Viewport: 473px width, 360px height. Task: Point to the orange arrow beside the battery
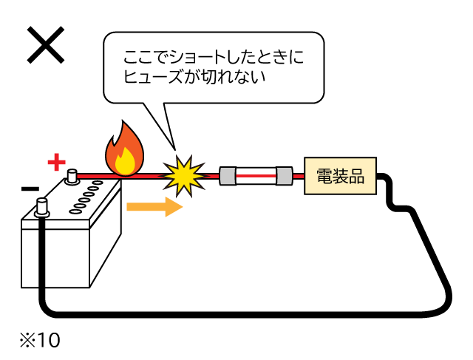tap(154, 206)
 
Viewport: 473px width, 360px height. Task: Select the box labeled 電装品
tap(340, 176)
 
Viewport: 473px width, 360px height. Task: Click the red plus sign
tap(57, 161)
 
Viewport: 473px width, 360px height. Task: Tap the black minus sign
tap(30, 189)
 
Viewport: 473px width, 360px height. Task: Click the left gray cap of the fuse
tap(228, 176)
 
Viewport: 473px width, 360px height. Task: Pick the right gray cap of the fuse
tap(285, 176)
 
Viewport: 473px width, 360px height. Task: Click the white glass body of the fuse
tap(256, 176)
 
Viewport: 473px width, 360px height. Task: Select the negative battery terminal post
tap(41, 208)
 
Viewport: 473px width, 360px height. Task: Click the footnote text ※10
tap(38, 341)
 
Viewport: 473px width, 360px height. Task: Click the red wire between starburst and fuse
tap(211, 176)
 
